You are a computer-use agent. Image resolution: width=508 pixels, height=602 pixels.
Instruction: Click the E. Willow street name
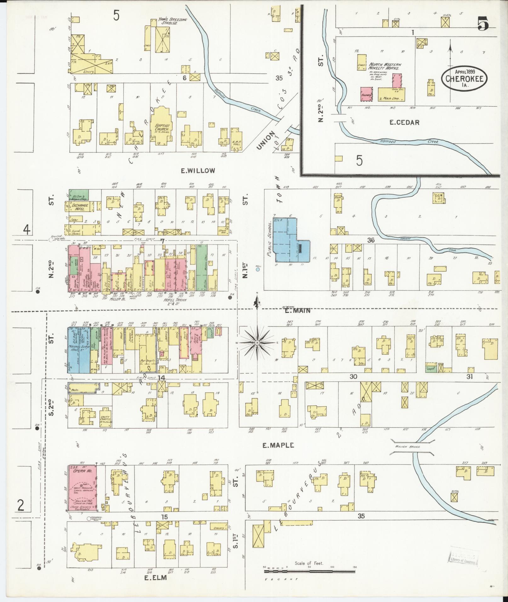pos(198,171)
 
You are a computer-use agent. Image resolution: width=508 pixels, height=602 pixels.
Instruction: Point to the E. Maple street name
pos(278,445)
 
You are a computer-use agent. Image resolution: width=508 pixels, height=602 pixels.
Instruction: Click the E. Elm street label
pos(155,587)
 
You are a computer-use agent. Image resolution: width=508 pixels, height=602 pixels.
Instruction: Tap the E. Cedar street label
pos(404,122)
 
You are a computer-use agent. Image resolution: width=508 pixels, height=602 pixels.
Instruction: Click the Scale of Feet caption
pos(309,563)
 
